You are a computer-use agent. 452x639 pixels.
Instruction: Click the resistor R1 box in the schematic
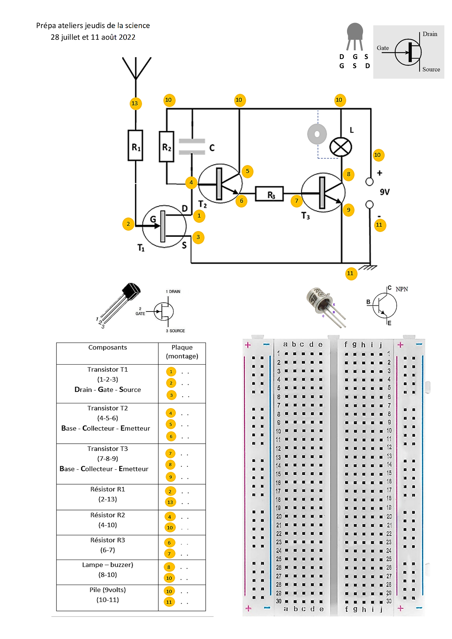coord(135,145)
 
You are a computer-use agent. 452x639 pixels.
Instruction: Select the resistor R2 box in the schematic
coord(167,146)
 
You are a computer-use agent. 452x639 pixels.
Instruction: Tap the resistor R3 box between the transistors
coord(270,194)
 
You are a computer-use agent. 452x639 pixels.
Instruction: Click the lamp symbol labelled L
coord(340,148)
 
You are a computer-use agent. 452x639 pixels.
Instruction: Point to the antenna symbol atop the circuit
coord(136,68)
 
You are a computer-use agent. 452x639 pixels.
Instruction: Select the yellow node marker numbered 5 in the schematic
coord(248,171)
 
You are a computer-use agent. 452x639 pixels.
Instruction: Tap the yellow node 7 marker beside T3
coord(297,201)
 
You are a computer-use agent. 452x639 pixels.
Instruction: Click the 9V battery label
coord(385,192)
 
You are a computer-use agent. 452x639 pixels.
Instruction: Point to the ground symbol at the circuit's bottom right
coord(368,267)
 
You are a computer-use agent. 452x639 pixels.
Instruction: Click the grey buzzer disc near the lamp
coord(317,134)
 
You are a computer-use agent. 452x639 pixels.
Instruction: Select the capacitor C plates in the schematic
coord(192,147)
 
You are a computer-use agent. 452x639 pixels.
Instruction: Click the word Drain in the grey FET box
coord(430,34)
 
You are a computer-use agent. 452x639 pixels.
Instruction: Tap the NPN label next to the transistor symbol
coord(402,289)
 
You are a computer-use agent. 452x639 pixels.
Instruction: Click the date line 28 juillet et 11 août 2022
coord(93,37)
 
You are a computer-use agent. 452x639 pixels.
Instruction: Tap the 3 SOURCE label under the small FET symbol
coord(175,331)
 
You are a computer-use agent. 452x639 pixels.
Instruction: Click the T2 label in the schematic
coord(202,204)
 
